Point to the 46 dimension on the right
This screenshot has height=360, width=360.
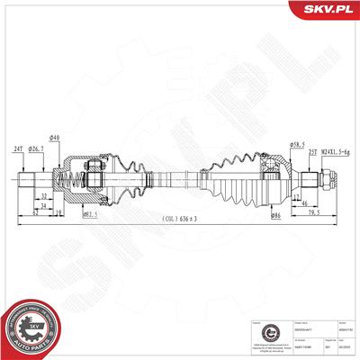click(x=307, y=205)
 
